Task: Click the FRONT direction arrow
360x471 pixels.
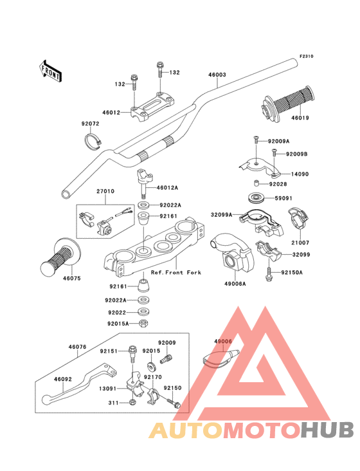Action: (50, 71)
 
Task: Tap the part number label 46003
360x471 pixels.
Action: (217, 75)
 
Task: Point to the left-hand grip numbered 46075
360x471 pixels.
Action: (60, 257)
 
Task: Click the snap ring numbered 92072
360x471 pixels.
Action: (93, 140)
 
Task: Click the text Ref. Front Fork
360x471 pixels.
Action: (175, 272)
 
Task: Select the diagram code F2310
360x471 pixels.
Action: (306, 56)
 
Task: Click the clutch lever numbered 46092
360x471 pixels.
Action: (79, 385)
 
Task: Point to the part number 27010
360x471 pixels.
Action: (105, 191)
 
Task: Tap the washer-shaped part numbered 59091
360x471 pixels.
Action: (256, 198)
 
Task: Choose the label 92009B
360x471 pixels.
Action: (297, 154)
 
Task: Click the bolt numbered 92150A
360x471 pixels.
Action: (269, 273)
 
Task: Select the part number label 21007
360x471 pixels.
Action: (300, 243)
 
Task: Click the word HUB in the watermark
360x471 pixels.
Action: (328, 430)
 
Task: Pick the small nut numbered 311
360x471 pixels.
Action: (132, 403)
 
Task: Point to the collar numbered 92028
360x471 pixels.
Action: (256, 183)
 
